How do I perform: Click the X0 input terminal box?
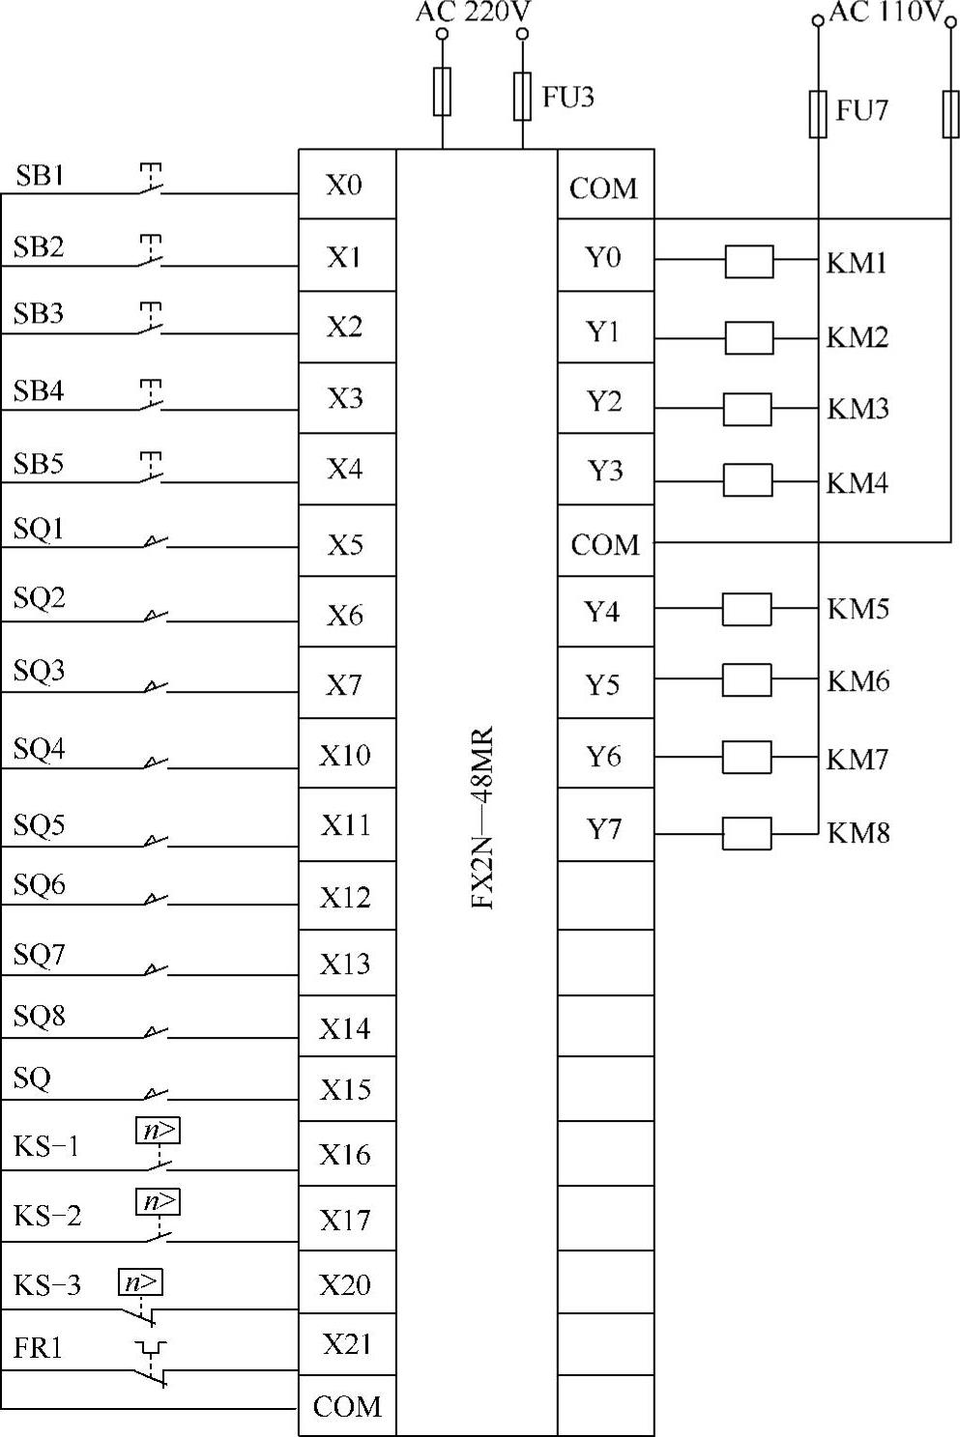point(345,185)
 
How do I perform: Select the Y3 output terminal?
point(605,471)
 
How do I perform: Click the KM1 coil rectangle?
point(749,261)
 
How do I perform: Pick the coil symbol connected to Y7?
point(747,833)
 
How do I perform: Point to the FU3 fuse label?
point(568,97)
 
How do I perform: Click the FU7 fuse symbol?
point(818,114)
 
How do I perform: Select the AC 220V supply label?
point(474,13)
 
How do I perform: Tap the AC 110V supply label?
point(886,13)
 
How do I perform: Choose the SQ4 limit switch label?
point(39,749)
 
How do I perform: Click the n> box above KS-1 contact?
point(158,1130)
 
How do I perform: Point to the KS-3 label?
point(47,1285)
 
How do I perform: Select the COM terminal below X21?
point(347,1406)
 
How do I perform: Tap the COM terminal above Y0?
point(604,187)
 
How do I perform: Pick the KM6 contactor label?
point(858,681)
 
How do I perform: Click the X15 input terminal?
point(346,1089)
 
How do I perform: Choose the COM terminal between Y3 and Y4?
point(605,544)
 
